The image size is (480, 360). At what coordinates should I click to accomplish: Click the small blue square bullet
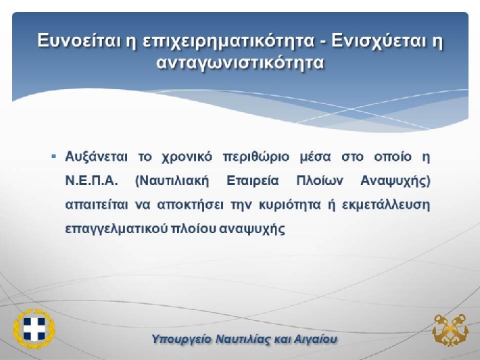click(x=54, y=157)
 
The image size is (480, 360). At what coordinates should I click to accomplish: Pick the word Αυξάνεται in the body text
click(x=96, y=157)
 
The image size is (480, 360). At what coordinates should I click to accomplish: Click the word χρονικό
click(x=187, y=157)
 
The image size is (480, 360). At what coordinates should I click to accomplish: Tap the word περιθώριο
click(x=256, y=157)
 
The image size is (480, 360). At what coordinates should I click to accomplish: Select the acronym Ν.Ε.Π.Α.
click(x=91, y=181)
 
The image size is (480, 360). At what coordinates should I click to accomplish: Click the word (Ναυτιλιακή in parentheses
click(x=172, y=182)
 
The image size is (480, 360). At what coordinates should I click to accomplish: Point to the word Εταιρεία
click(x=253, y=181)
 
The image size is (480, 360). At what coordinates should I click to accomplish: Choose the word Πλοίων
click(x=320, y=181)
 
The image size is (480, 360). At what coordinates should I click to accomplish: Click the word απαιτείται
click(x=97, y=205)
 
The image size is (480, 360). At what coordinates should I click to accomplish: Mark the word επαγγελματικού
click(x=117, y=230)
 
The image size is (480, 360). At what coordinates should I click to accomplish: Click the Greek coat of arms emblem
click(x=34, y=329)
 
